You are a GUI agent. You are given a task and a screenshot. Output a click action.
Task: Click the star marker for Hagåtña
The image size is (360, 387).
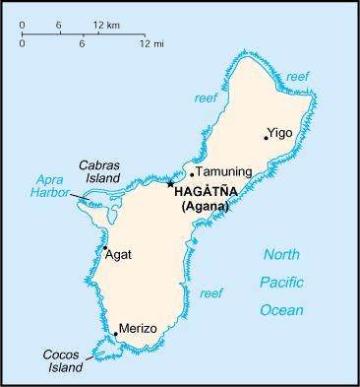point(170,183)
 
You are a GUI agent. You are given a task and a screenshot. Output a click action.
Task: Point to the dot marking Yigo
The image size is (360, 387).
point(266,137)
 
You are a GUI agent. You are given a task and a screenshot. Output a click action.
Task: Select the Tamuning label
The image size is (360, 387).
point(224,172)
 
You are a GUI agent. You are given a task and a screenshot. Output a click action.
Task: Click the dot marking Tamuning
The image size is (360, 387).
point(192,175)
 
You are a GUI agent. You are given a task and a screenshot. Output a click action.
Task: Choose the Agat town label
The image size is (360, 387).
point(118,254)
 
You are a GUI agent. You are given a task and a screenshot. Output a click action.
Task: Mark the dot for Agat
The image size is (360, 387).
point(104,247)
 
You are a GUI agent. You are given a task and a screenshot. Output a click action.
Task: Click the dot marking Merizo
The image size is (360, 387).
point(116,335)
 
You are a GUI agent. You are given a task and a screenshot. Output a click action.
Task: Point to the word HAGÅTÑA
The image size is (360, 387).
point(205,193)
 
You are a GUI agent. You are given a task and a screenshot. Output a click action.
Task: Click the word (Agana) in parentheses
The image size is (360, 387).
point(205,207)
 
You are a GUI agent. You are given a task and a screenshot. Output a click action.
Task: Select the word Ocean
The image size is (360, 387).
point(281,310)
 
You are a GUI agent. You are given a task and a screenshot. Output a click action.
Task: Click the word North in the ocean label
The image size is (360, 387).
point(281,255)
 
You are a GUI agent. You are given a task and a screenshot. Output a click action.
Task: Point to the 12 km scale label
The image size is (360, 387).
point(107,23)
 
